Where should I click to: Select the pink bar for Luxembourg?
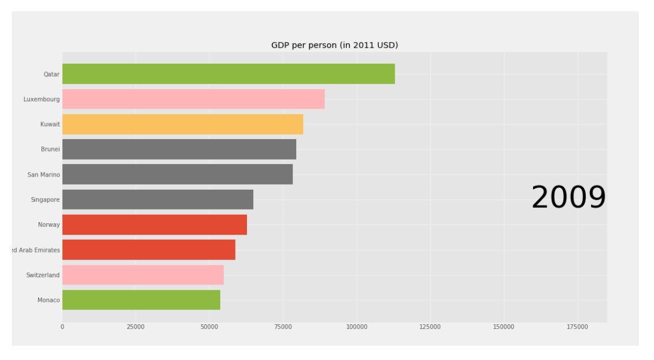(x=193, y=99)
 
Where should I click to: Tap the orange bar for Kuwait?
(x=182, y=124)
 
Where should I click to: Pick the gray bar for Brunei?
(x=179, y=149)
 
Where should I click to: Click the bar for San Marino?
(x=177, y=174)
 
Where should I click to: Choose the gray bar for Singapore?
(x=157, y=199)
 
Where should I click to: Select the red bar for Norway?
(x=154, y=224)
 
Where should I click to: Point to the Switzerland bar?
(x=142, y=275)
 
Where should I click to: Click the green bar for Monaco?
(x=141, y=300)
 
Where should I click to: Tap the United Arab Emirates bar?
(x=148, y=250)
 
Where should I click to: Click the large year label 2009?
(x=568, y=198)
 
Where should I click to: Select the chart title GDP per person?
(x=334, y=45)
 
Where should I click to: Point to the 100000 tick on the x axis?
(x=357, y=327)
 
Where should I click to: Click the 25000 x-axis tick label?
(x=136, y=327)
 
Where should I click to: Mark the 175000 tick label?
(x=577, y=327)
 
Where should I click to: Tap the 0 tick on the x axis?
(x=62, y=327)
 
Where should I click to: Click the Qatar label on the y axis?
(x=51, y=74)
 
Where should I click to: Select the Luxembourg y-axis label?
(x=41, y=99)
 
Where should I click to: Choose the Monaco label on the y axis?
(x=48, y=300)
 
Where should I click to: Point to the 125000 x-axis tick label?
(x=430, y=327)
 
